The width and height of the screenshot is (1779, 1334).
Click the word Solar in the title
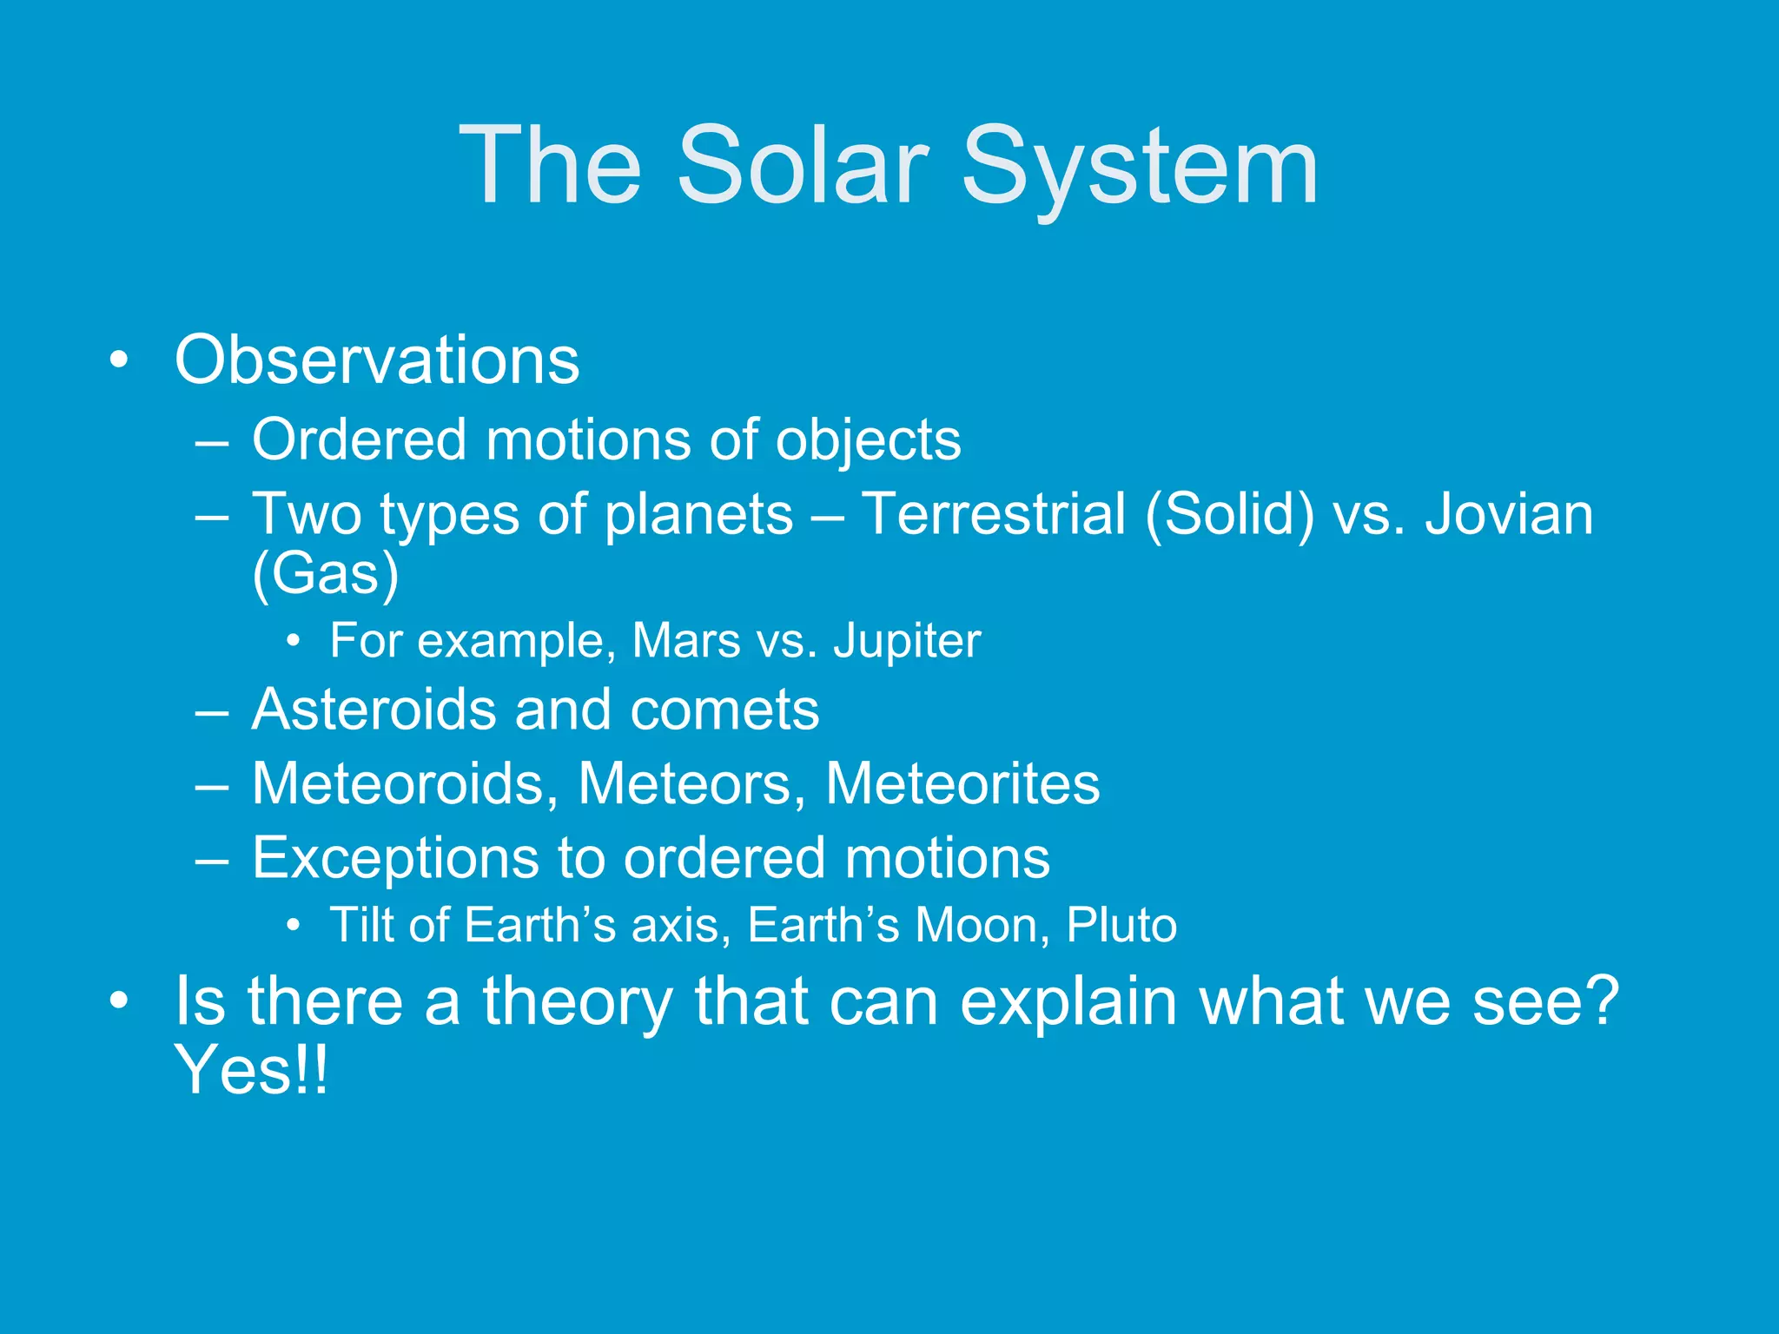pyautogui.click(x=803, y=165)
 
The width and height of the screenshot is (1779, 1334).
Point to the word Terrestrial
pyautogui.click(x=994, y=513)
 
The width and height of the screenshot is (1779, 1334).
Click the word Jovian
pyautogui.click(x=1510, y=513)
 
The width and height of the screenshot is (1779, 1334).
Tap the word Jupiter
pyautogui.click(x=907, y=642)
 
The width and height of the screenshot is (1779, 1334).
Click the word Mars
pyautogui.click(x=686, y=640)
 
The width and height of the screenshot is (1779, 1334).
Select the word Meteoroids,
pyautogui.click(x=405, y=784)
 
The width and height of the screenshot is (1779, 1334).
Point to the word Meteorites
pyautogui.click(x=962, y=784)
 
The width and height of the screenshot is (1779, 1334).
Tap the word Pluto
pyautogui.click(x=1121, y=925)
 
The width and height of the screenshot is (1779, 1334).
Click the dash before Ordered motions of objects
pyautogui.click(x=212, y=443)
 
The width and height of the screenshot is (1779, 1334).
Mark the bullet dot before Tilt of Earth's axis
pyautogui.click(x=294, y=926)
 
